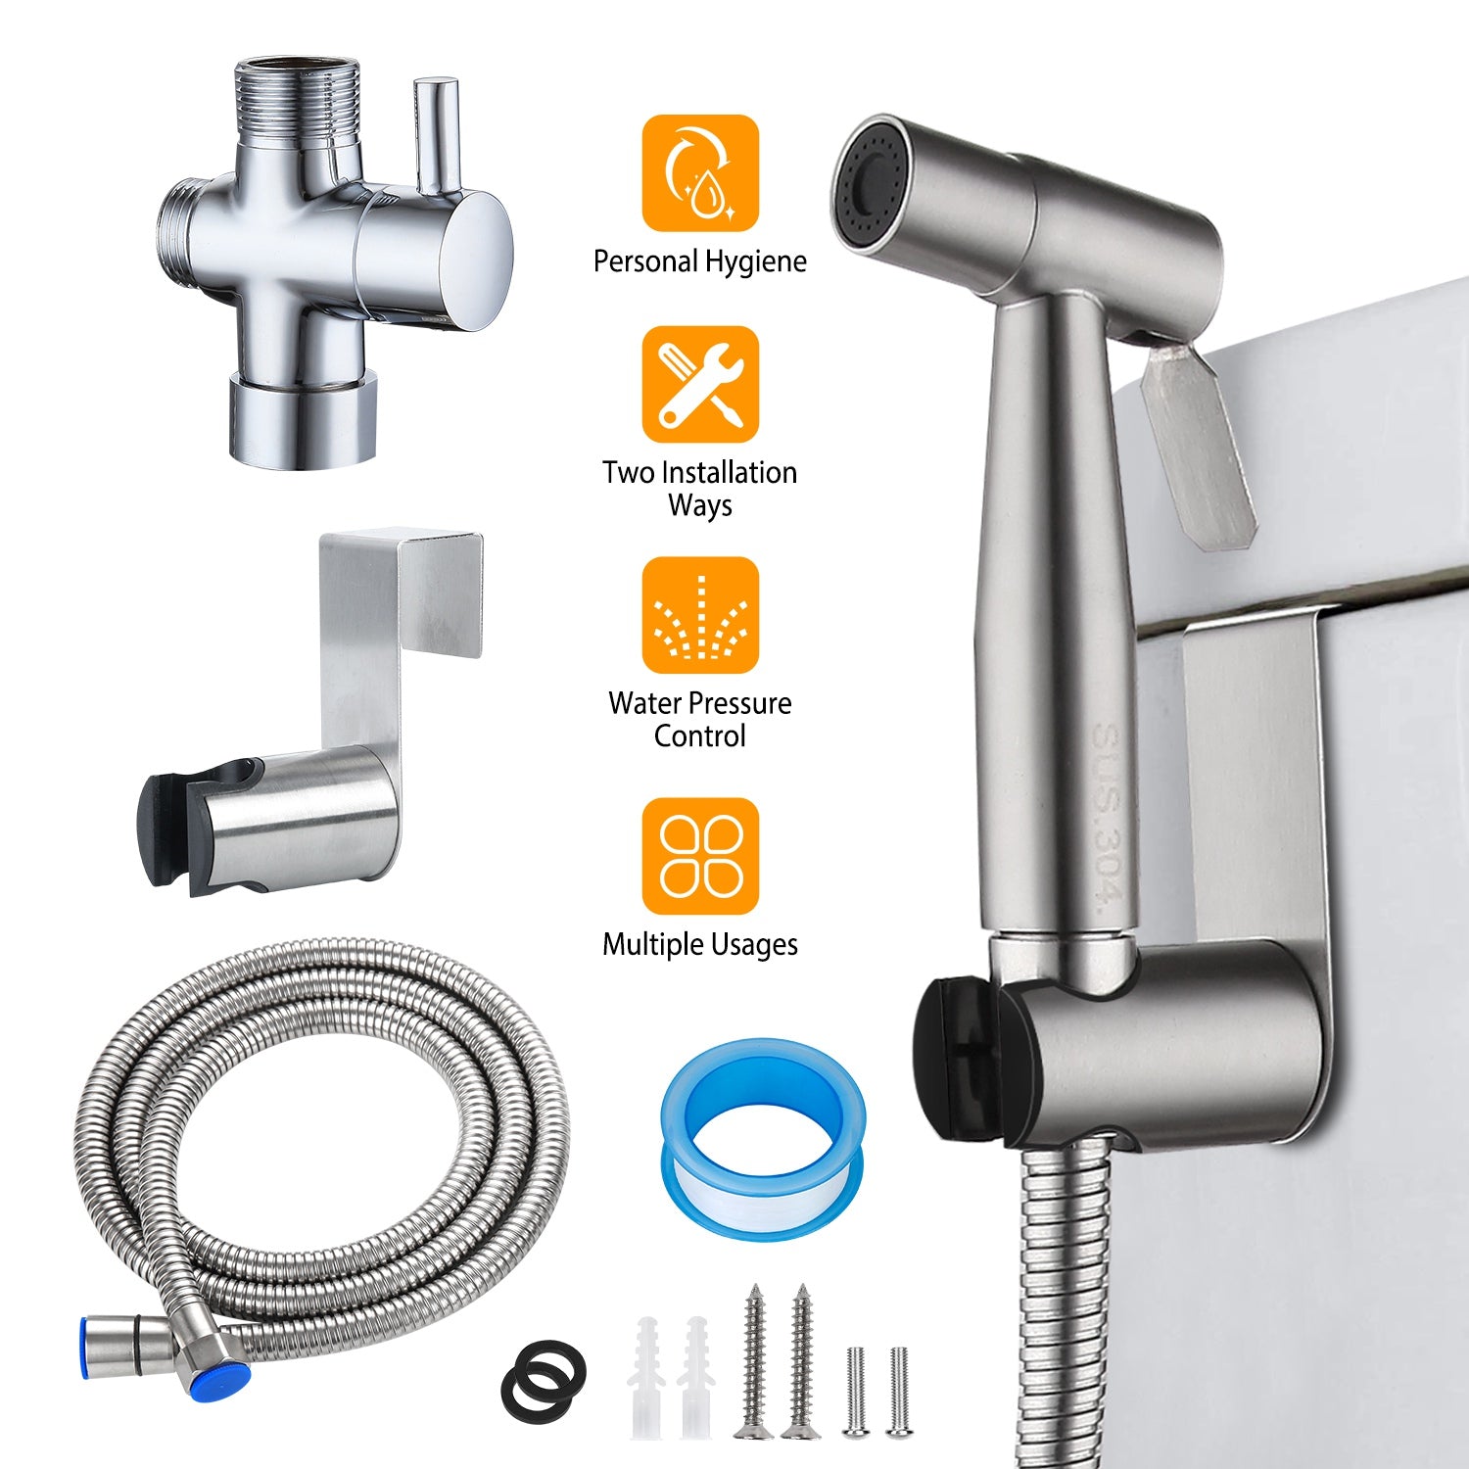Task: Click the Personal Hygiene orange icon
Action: (700, 173)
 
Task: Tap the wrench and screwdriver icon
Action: (700, 385)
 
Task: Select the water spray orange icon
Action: (700, 615)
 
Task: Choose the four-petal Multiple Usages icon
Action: (700, 856)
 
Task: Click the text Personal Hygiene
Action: (700, 261)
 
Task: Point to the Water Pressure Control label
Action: (700, 720)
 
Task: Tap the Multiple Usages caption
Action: (700, 944)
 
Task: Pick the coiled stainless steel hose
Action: (323, 1126)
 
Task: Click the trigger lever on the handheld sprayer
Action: (1200, 441)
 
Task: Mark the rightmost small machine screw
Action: (899, 1391)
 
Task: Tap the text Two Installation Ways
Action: (700, 489)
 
